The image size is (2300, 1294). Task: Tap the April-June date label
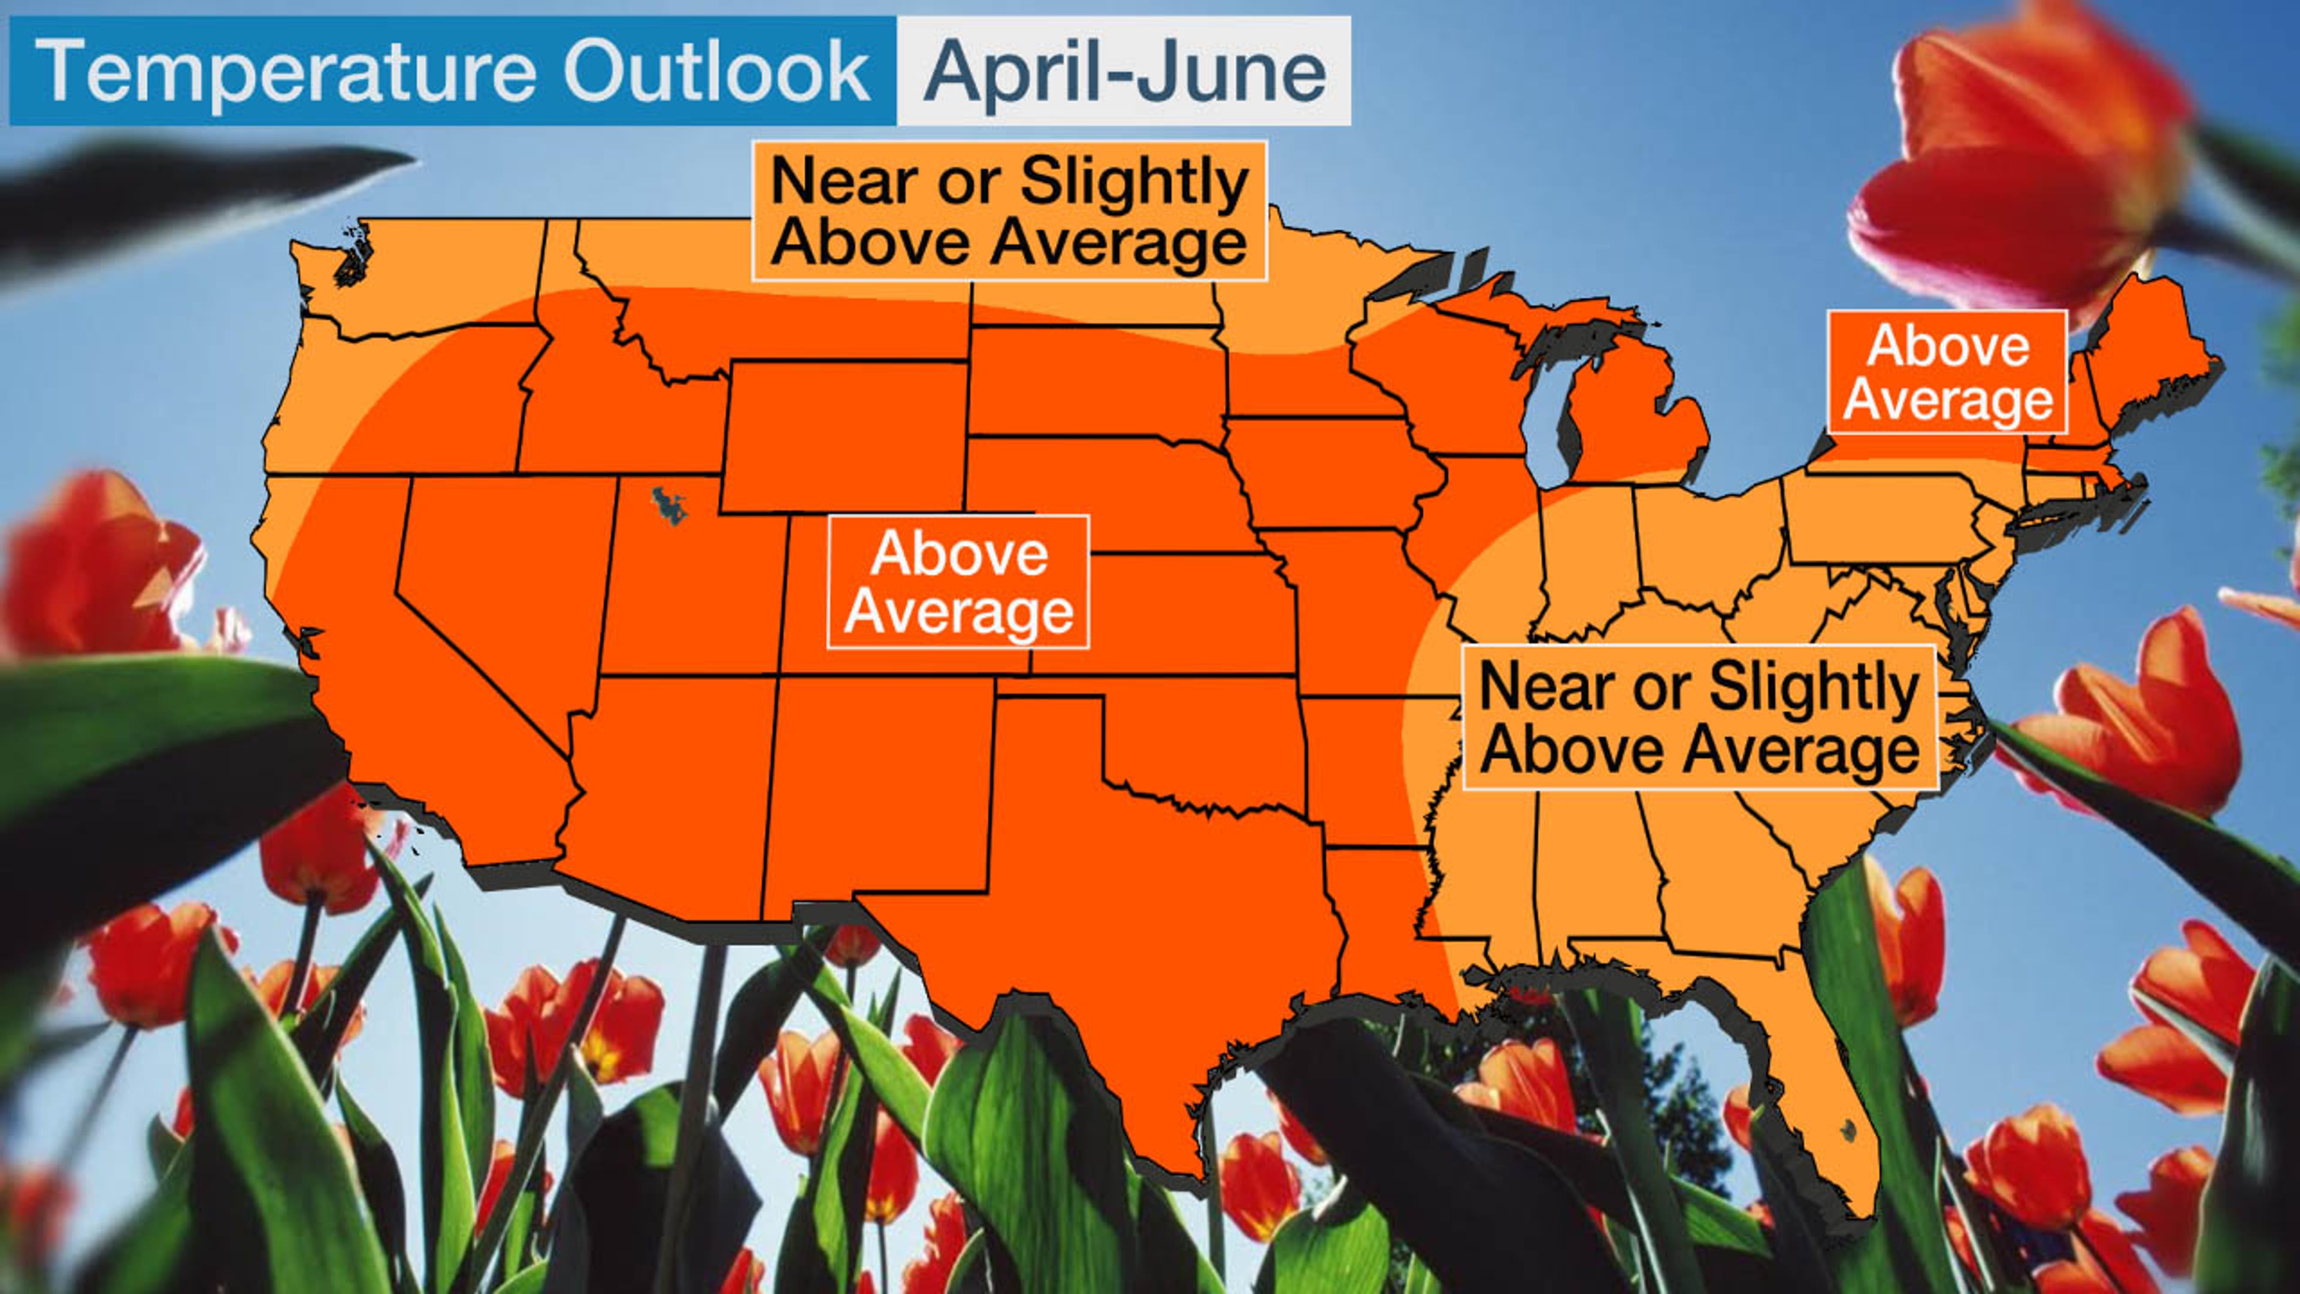point(1125,71)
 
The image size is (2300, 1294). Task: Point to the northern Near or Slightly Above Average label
point(1009,211)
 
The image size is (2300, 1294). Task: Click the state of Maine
point(2143,357)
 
